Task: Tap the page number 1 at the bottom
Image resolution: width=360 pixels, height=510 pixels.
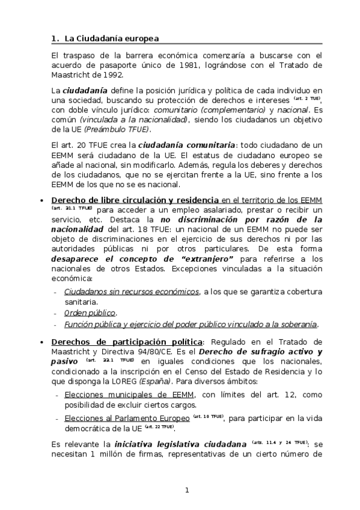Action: point(187,490)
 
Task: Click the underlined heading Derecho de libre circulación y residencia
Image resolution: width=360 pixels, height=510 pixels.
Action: point(136,200)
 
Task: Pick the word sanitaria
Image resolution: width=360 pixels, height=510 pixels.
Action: point(81,303)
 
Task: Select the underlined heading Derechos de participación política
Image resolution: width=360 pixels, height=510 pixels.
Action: point(118,341)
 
